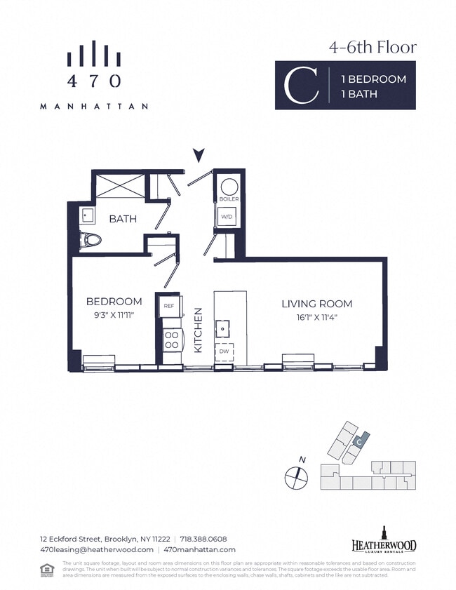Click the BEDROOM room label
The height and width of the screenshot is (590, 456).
click(114, 302)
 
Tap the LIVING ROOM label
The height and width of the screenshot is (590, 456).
click(316, 304)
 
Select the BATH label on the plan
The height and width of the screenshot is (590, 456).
click(122, 219)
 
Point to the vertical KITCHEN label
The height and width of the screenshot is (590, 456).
click(199, 329)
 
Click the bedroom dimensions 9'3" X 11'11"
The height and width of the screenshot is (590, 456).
click(114, 315)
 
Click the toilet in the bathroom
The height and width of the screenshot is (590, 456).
click(91, 239)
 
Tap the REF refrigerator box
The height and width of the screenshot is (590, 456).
click(169, 307)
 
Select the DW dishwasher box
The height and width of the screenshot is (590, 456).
click(224, 351)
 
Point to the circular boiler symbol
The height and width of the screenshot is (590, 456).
click(229, 187)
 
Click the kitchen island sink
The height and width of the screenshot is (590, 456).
click(224, 327)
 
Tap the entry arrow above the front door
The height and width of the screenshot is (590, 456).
click(199, 155)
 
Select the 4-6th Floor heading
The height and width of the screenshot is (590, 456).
click(373, 48)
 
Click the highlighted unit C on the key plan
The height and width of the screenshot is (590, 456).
click(358, 443)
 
